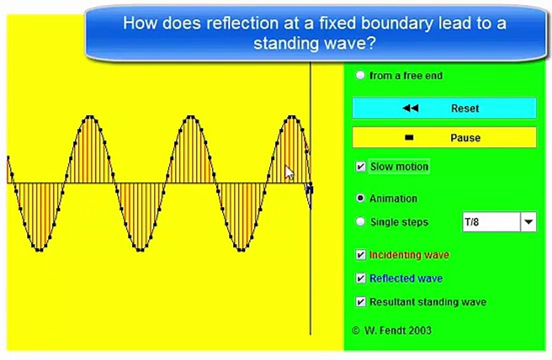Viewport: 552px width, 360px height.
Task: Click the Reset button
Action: click(x=444, y=108)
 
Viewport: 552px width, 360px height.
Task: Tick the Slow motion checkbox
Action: click(x=360, y=166)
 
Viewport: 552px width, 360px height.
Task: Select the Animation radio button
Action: click(x=360, y=198)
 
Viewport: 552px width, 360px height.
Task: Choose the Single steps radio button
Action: click(x=360, y=221)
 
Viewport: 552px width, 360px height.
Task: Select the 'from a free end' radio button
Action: click(x=360, y=75)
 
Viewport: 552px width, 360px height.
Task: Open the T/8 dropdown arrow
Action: click(x=528, y=221)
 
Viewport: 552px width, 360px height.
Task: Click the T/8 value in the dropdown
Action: click(x=490, y=221)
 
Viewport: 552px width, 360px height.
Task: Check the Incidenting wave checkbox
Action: click(x=360, y=255)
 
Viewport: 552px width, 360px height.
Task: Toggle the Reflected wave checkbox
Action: click(x=360, y=278)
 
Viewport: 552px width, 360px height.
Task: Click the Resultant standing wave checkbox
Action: click(x=360, y=302)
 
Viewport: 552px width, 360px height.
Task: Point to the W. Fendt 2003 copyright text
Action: click(x=392, y=330)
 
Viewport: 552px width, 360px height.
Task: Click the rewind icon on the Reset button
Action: click(x=410, y=108)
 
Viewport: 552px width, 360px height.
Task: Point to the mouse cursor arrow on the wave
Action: click(x=289, y=172)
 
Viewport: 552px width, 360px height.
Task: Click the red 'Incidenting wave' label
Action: click(x=409, y=255)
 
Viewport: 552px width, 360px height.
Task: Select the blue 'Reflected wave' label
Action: click(x=405, y=278)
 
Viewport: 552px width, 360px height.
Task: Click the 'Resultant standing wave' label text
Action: click(x=427, y=302)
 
